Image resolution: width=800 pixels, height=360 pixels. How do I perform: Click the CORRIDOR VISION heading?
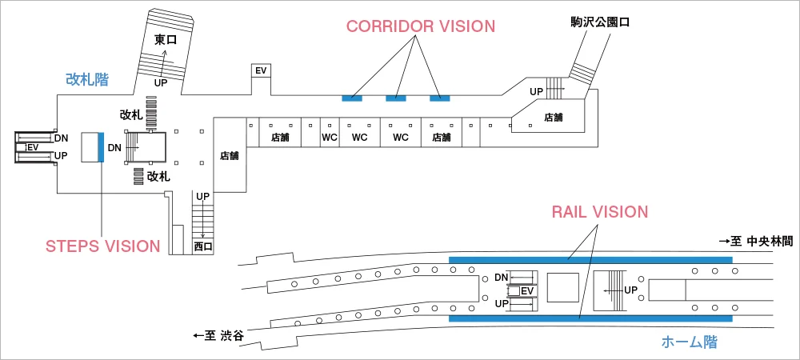coord(420,26)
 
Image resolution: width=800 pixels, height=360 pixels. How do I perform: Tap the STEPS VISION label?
coord(103,246)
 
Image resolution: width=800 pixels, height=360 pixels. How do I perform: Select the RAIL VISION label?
coord(599,212)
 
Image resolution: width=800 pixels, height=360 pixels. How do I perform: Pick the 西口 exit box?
coord(203,247)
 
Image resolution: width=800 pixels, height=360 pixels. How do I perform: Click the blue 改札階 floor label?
coord(87,79)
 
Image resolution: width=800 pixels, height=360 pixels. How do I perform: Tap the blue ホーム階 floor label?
coord(689,342)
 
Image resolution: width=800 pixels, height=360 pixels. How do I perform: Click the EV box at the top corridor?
coord(261,70)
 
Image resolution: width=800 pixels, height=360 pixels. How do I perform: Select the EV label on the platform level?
coord(526,290)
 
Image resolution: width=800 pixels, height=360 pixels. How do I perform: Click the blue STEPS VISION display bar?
coord(101,147)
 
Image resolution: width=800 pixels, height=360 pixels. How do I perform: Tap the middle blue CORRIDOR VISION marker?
coord(396,98)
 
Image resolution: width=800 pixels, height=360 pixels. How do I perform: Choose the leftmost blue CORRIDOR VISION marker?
coord(352,98)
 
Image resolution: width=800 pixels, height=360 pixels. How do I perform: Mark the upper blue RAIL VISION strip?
coord(590,259)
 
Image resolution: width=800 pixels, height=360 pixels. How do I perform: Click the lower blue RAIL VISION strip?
coord(590,318)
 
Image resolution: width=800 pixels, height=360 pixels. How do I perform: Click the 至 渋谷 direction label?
coord(218,336)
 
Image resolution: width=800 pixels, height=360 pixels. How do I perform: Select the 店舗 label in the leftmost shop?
coord(229,156)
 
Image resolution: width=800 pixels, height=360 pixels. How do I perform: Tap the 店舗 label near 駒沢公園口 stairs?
coord(553,118)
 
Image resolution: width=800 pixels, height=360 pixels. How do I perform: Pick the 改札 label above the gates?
coord(131,115)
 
